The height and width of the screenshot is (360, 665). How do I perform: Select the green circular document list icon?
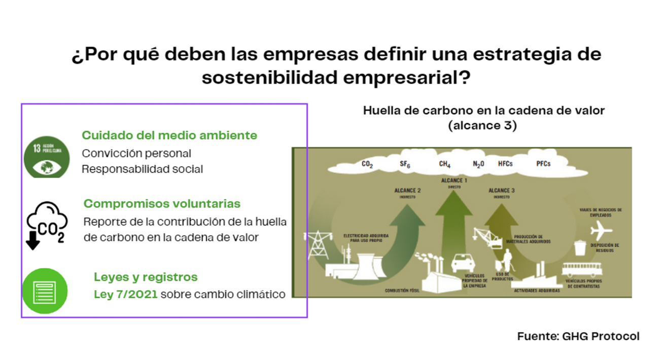(x=45, y=291)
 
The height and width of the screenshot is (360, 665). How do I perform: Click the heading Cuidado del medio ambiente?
(x=169, y=135)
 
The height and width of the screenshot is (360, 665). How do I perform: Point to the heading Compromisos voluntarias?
(x=162, y=203)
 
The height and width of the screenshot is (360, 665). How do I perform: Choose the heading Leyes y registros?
(x=146, y=277)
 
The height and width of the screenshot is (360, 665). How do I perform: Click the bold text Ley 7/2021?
(x=125, y=294)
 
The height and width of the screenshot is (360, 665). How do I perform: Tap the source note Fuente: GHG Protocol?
(x=578, y=336)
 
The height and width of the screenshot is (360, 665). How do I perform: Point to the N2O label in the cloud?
(x=478, y=164)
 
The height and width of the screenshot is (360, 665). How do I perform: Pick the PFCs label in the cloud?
(x=543, y=164)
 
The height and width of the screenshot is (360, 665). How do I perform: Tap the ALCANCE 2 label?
(x=407, y=191)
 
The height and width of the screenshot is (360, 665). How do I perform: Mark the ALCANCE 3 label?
(x=501, y=191)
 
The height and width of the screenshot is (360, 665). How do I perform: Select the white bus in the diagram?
(x=582, y=271)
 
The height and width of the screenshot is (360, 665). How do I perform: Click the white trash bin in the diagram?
(x=579, y=248)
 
